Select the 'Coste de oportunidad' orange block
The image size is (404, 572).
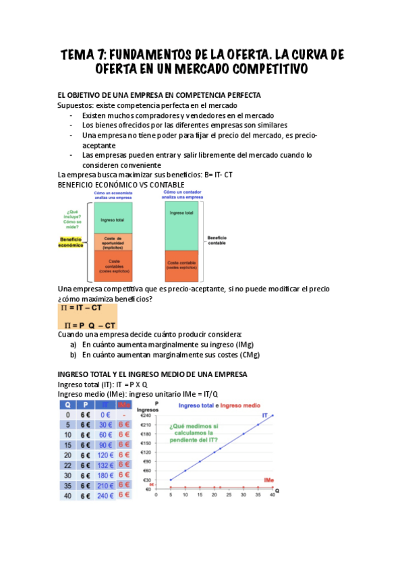tap(113, 242)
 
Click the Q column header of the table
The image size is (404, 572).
tap(67, 405)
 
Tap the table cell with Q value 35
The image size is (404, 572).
tap(67, 485)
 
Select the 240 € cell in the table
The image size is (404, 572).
tap(105, 495)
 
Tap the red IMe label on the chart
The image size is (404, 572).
tap(268, 480)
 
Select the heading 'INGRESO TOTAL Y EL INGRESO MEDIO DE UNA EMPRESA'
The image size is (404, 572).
tap(152, 374)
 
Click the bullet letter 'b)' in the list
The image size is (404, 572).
tap(74, 354)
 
